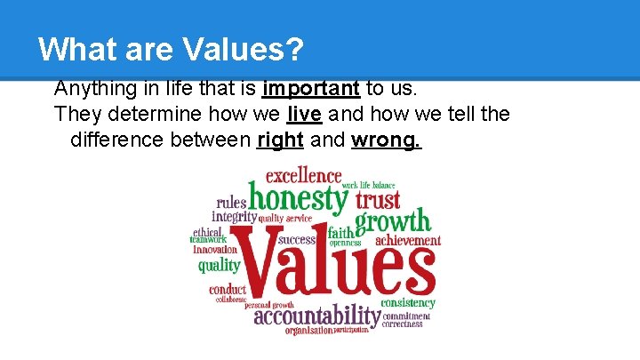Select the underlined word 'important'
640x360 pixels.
coord(311,88)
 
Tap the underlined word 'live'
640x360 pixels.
coord(304,114)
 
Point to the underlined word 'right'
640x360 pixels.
coord(280,140)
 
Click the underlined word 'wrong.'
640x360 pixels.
coord(387,140)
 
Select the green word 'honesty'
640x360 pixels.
coord(297,197)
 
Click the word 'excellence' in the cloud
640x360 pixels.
coord(303,175)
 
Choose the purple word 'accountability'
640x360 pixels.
coord(316,316)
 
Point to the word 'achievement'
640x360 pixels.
coord(408,240)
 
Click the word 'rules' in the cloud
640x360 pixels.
coord(231,202)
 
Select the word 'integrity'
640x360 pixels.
coord(234,216)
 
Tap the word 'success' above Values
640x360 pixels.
coord(297,239)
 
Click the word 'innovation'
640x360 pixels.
coord(216,250)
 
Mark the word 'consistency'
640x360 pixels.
coord(408,303)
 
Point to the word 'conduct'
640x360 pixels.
coord(228,289)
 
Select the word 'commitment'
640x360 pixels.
coord(406,316)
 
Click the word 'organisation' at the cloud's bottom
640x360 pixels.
coord(308,330)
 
